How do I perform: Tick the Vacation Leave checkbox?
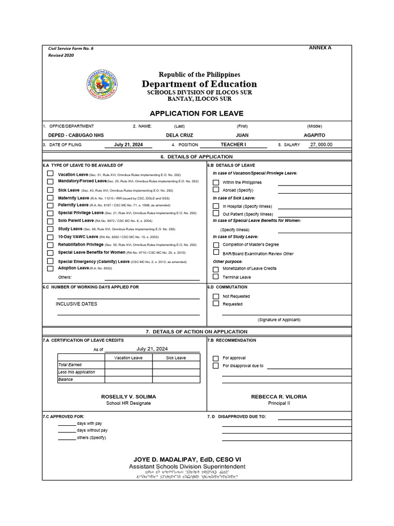50,174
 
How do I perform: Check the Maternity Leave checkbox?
50,198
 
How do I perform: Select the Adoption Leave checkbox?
50,268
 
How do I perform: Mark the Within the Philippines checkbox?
216,182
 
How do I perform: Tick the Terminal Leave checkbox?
216,277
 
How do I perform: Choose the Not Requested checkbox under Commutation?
216,296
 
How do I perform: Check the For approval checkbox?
216,358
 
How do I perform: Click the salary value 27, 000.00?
321,145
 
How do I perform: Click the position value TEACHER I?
233,145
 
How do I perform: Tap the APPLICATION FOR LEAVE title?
196,114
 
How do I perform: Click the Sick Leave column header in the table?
176,358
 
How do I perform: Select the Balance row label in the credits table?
66,380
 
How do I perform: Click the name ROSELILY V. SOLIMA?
128,397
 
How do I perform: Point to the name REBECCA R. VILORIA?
279,397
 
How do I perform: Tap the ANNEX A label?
320,48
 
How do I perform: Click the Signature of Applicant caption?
279,320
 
